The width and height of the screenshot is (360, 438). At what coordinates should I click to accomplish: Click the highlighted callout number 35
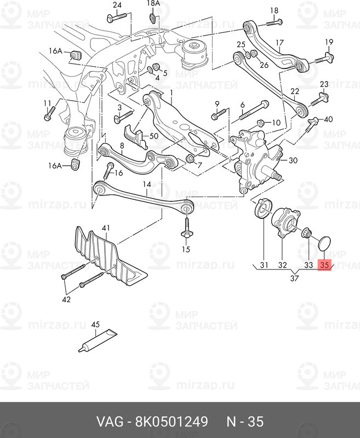pyautogui.click(x=324, y=265)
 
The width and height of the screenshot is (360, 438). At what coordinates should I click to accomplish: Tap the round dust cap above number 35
pyautogui.click(x=325, y=244)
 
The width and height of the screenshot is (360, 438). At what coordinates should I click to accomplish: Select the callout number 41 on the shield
pyautogui.click(x=106, y=228)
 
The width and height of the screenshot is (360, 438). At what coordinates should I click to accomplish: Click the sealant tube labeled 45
pyautogui.click(x=98, y=341)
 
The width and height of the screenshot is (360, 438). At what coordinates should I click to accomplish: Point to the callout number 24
pyautogui.click(x=117, y=5)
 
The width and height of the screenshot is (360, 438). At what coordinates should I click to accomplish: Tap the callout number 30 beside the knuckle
pyautogui.click(x=293, y=160)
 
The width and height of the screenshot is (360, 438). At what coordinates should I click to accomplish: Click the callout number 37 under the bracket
pyautogui.click(x=294, y=278)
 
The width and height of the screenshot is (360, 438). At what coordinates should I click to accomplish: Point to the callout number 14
pyautogui.click(x=147, y=185)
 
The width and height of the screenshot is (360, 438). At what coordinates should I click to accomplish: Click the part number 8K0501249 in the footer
pyautogui.click(x=172, y=422)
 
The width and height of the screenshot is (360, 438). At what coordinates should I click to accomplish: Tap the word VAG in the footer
pyautogui.click(x=109, y=422)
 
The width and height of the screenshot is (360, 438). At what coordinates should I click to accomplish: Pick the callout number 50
pyautogui.click(x=154, y=136)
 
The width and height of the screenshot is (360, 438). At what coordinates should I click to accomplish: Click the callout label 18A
pyautogui.click(x=153, y=3)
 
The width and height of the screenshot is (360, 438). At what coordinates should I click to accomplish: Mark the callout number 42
pyautogui.click(x=66, y=299)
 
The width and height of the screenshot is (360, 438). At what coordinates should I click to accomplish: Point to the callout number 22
pyautogui.click(x=295, y=91)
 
